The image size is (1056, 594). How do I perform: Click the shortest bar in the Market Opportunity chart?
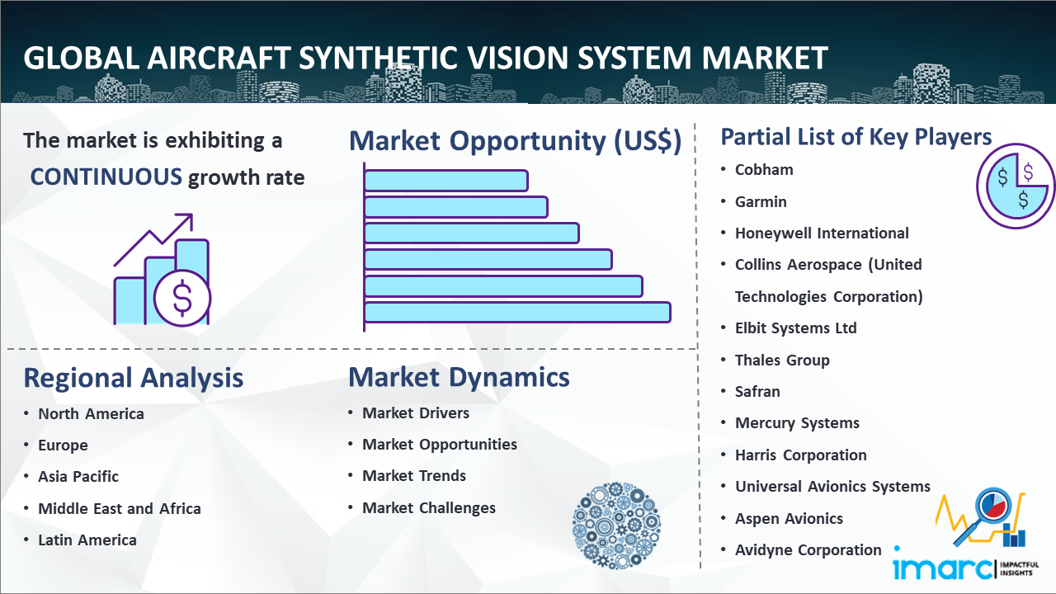coord(446,181)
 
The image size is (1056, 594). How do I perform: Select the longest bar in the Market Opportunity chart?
coord(517,313)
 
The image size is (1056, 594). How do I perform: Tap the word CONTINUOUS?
coord(106,177)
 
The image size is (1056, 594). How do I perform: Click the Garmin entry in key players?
coord(761,202)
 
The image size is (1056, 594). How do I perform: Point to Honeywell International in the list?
coord(822,233)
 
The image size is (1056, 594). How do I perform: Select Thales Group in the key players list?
coord(782,361)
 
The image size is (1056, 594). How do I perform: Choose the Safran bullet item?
coord(757,392)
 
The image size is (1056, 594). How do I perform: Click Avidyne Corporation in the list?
coord(808,550)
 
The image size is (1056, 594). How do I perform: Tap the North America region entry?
coord(91,414)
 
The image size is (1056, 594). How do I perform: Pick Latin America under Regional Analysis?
coord(87,540)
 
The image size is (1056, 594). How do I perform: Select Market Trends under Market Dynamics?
coord(414,476)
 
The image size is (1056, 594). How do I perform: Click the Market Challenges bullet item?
coord(428,507)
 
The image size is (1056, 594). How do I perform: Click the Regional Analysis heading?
coord(134,379)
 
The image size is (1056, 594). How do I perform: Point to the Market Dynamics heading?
coord(459,377)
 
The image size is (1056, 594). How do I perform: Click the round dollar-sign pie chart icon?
coord(1015,186)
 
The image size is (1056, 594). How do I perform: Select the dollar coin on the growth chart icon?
coord(182,298)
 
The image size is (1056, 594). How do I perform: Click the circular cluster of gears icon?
coord(616,525)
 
